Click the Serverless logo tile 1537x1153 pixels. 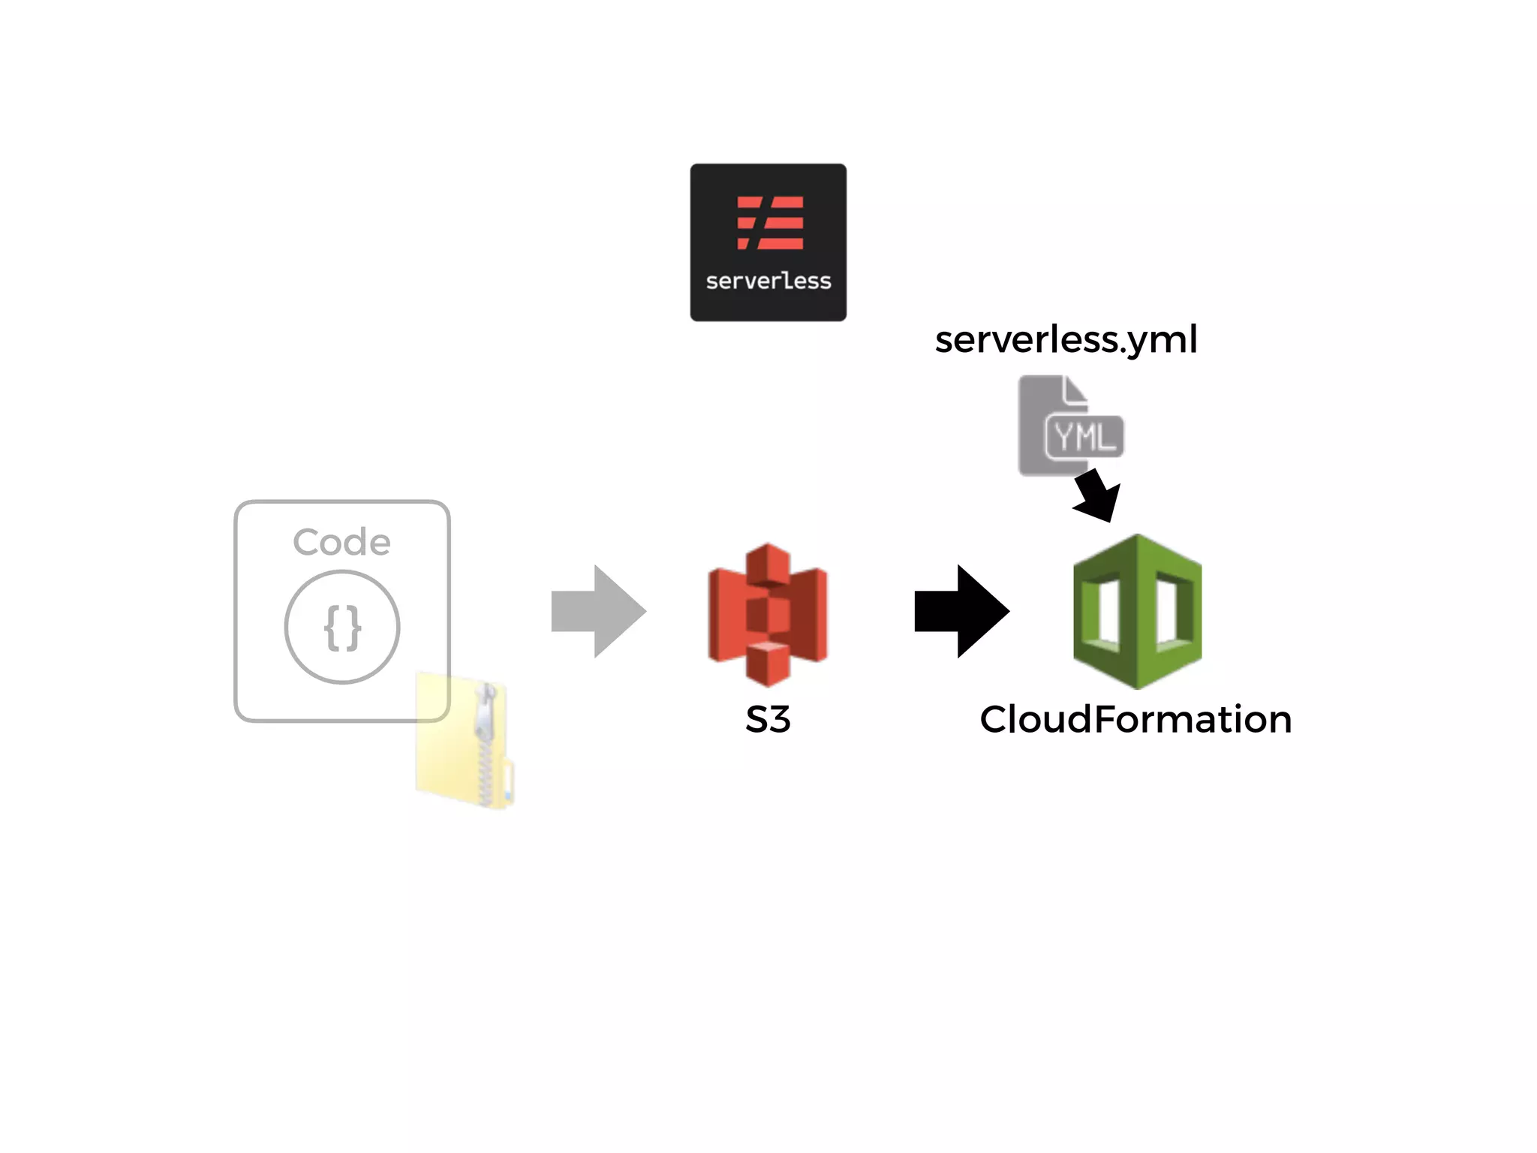point(768,242)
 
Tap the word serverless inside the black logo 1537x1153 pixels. point(768,281)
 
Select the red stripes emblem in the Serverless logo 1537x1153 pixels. point(770,222)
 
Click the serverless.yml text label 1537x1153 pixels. point(1066,339)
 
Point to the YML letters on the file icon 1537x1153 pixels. point(1084,436)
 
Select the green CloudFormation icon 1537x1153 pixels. point(1137,611)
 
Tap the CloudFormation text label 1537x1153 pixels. point(1135,719)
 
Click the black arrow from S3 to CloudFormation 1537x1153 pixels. point(961,611)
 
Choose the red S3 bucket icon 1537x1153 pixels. point(767,614)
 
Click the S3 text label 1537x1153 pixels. point(767,719)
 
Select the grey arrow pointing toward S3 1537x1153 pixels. point(598,611)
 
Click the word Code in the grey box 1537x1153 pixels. point(341,542)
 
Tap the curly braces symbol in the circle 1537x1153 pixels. point(342,628)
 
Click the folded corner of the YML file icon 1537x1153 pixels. point(1075,391)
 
